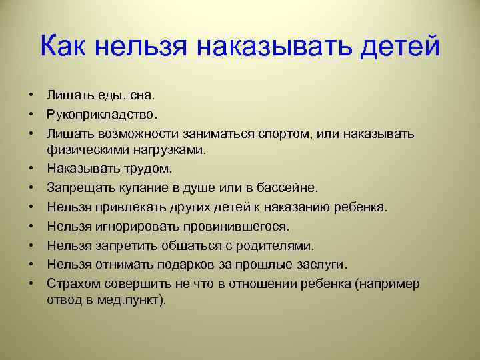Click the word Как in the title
65,47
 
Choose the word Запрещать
79,187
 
